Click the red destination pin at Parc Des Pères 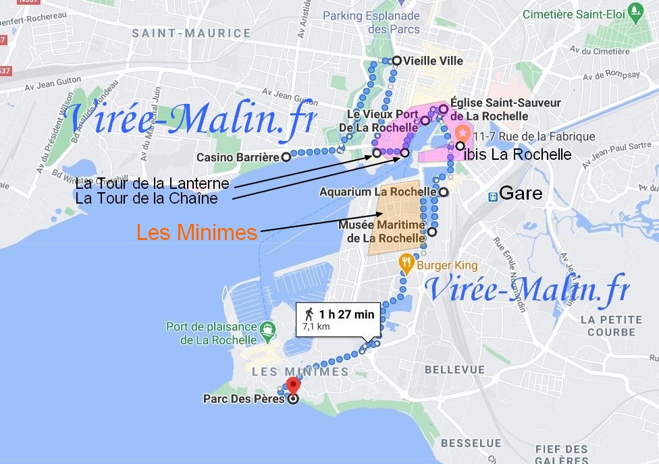[292, 385]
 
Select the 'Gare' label [521, 194]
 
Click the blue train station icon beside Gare [494, 195]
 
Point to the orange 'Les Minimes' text [196, 233]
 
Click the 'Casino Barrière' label [238, 158]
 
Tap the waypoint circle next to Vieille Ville [397, 61]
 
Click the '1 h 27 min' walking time [346, 314]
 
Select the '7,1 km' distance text [316, 327]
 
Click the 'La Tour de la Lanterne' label [153, 183]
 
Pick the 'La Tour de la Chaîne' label [147, 198]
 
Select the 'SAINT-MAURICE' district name [191, 33]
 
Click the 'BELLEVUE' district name [454, 370]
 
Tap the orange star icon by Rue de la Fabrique [463, 132]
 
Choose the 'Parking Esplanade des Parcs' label [371, 22]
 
